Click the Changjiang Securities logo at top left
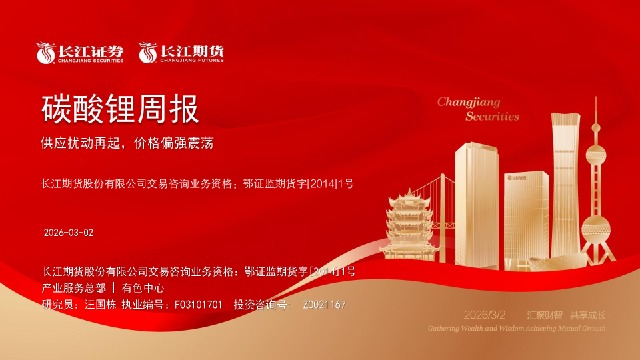[80, 53]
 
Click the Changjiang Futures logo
[181, 53]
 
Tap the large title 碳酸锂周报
[121, 109]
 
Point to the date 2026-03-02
[69, 233]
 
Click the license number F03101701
[198, 305]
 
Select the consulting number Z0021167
[324, 305]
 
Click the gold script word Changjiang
[469, 102]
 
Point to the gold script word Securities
[492, 116]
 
